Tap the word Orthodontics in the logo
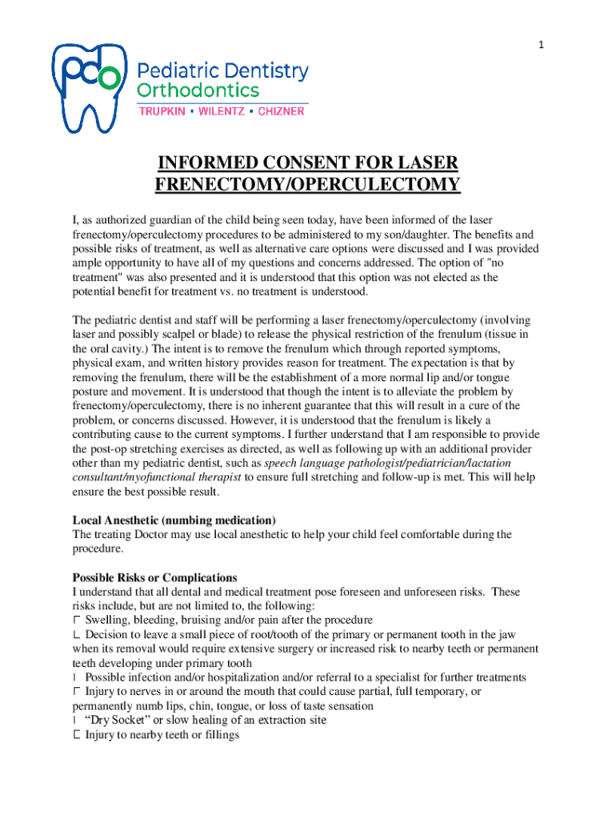pyautogui.click(x=199, y=90)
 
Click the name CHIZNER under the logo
pyautogui.click(x=281, y=111)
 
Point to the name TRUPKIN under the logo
pyautogui.click(x=164, y=111)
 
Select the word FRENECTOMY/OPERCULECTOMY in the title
pyautogui.click(x=308, y=186)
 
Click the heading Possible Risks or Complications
pyautogui.click(x=155, y=577)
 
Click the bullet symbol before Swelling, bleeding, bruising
pyautogui.click(x=77, y=621)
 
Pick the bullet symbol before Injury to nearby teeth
pyautogui.click(x=77, y=734)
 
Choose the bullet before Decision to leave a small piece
pyautogui.click(x=77, y=634)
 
